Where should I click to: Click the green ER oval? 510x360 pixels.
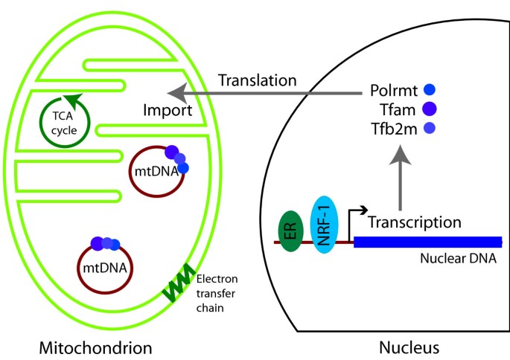[x=290, y=230]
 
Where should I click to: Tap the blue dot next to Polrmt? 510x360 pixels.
[x=428, y=90]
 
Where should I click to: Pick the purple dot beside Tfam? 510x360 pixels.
[x=428, y=109]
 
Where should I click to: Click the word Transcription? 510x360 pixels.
[x=415, y=222]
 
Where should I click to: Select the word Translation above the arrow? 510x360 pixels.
[x=257, y=80]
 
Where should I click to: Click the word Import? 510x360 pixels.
[x=168, y=111]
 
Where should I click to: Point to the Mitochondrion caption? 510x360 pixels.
[x=98, y=347]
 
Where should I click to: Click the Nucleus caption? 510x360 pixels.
[x=409, y=347]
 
